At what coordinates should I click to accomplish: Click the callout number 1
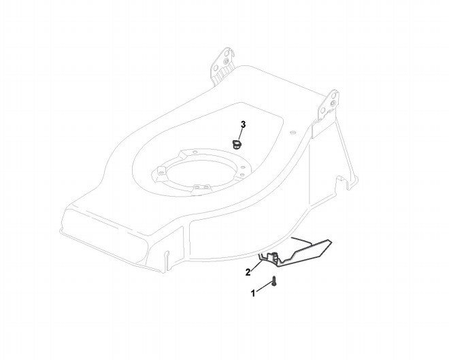[254, 293]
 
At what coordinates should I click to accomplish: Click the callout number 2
[248, 272]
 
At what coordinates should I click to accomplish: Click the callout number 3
[244, 125]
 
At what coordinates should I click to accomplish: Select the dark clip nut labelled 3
[237, 144]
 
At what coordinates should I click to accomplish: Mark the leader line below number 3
[242, 133]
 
